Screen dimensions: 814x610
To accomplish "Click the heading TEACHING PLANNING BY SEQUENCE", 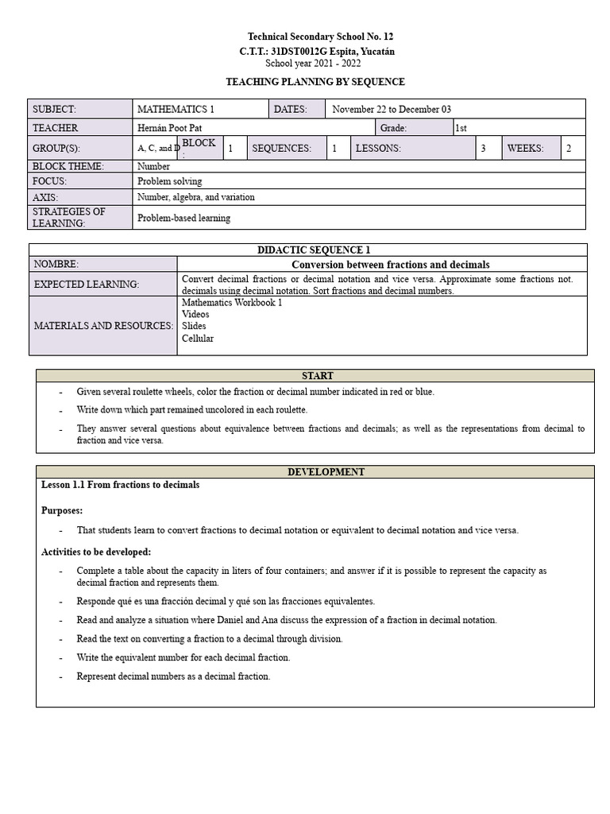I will (315, 82).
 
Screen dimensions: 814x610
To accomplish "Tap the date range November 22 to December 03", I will (392, 109).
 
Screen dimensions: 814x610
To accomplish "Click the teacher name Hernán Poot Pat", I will (175, 128).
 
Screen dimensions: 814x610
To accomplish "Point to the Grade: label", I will (393, 128).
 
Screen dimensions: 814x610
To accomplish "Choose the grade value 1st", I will (461, 128).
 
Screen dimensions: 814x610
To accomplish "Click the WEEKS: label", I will (525, 148).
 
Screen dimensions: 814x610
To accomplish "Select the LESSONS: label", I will (378, 148).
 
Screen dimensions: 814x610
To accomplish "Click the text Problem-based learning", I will (183, 218).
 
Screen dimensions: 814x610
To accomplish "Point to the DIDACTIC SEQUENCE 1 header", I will (314, 250).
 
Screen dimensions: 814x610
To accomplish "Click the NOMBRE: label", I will (56, 264).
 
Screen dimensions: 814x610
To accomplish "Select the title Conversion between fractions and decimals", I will (390, 264).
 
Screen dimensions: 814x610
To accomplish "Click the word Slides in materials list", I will (194, 326).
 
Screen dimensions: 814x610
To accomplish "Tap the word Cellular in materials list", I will (197, 338).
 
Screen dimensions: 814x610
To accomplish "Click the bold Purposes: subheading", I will (62, 510).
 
